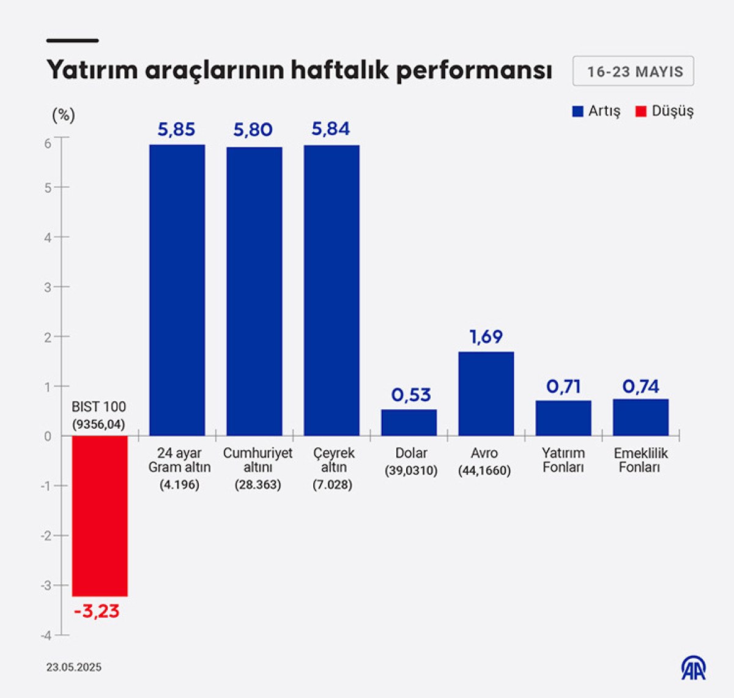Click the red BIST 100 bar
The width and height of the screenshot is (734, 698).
(100, 516)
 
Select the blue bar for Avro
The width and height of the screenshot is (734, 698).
(486, 393)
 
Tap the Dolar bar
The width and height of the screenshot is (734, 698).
(409, 422)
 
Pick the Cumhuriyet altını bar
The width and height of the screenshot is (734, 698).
(254, 291)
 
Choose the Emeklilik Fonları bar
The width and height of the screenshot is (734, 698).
(640, 417)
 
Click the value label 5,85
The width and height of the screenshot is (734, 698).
(176, 130)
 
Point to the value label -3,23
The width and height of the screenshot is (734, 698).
(97, 611)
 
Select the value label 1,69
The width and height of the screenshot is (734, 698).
(486, 337)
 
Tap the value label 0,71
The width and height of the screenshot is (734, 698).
(563, 387)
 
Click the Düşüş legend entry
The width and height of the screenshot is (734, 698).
(665, 111)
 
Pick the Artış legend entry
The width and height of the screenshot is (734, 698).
(596, 111)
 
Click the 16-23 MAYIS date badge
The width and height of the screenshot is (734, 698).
(634, 72)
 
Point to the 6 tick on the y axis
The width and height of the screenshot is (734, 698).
(48, 143)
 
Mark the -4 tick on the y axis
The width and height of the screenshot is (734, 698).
(46, 636)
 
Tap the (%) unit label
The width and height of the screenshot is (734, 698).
(64, 114)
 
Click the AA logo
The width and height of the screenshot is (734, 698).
(694, 668)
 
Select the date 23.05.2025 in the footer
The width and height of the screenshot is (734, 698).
(74, 667)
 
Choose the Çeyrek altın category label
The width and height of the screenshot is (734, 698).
(334, 460)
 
